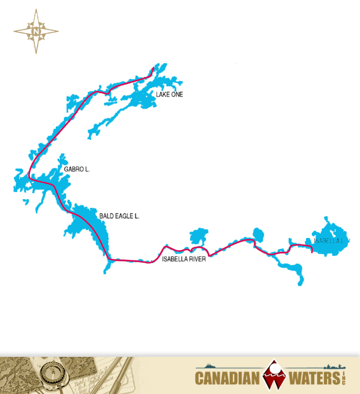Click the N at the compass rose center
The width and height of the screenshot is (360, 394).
click(36, 31)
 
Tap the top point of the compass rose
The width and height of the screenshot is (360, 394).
click(36, 10)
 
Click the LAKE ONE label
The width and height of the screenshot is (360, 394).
click(170, 94)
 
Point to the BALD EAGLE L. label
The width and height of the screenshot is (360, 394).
click(120, 216)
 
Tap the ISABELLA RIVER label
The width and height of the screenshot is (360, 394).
click(184, 259)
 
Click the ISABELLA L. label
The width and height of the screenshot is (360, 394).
click(329, 240)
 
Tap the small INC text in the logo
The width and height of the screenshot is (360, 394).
click(343, 378)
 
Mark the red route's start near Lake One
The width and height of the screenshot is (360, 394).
click(153, 68)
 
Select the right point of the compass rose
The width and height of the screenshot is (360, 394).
click(57, 31)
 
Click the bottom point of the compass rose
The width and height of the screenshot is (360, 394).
click(36, 53)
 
